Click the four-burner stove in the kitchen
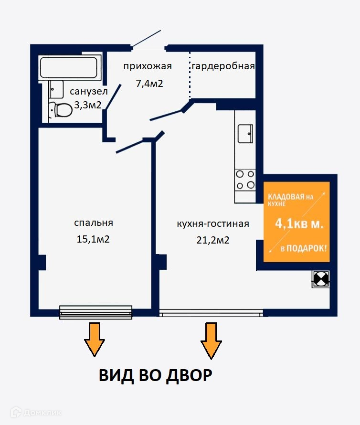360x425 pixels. (x=245, y=180)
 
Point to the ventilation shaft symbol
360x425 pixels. (x=320, y=279)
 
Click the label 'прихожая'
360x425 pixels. (x=147, y=66)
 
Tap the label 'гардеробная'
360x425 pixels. (x=223, y=66)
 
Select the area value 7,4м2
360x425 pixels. (x=149, y=84)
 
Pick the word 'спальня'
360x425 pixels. (x=93, y=223)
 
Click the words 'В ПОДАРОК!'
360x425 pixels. (x=304, y=248)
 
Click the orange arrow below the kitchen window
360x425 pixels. (x=211, y=340)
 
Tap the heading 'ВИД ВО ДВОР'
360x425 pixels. (x=155, y=375)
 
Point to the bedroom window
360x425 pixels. (x=95, y=312)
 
